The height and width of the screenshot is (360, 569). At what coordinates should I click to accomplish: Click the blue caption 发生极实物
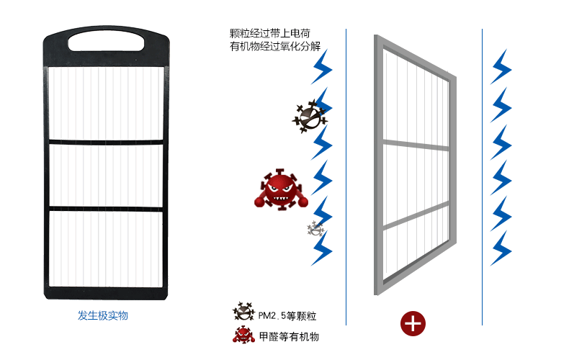pos(103,315)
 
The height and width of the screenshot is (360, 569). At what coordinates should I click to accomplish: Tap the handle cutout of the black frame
pos(106,41)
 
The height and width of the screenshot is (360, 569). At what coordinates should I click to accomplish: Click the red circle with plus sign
pos(413,323)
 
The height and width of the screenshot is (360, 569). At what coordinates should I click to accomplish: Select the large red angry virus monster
pos(281,189)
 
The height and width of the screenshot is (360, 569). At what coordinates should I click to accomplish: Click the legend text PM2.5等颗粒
pos(287,316)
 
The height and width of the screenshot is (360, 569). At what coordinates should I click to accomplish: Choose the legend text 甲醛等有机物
pos(290,336)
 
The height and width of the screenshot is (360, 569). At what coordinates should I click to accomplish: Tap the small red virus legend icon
pos(243,335)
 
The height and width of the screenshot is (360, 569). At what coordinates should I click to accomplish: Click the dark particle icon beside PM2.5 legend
pos(244,311)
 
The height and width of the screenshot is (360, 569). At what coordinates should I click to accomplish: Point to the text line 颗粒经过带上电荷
pos(270,33)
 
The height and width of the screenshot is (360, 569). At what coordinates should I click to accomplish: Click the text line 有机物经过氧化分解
pos(275,46)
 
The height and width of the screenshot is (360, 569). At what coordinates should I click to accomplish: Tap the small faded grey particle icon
pos(315,229)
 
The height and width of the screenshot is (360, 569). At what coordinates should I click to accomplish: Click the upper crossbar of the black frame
pos(106,142)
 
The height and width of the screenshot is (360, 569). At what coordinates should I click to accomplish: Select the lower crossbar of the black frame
pos(106,209)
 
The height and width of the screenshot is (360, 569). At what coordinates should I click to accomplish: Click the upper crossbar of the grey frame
pos(416,145)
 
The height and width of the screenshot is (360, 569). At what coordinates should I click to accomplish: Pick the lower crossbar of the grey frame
pos(416,215)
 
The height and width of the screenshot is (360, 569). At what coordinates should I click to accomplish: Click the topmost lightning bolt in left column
pos(321,67)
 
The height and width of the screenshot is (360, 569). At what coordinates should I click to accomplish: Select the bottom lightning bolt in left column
pos(321,248)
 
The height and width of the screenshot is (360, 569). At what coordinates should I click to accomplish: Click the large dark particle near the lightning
pos(310,116)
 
